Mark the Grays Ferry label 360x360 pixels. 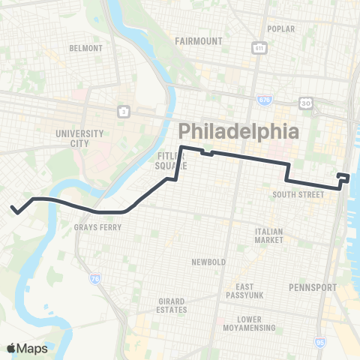[x=94, y=226]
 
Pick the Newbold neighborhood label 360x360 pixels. [x=208, y=262]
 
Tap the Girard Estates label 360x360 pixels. [x=172, y=306]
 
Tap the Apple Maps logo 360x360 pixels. [x=27, y=348]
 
